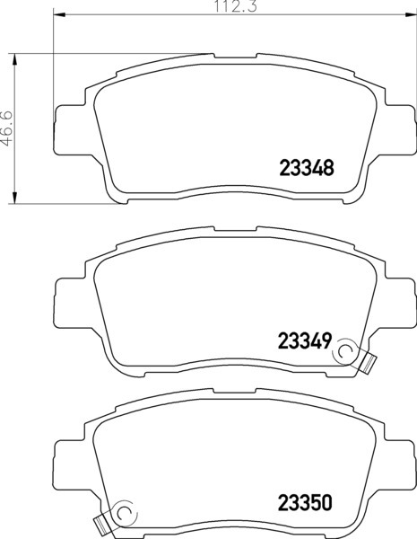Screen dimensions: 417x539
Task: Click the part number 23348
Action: coord(307,168)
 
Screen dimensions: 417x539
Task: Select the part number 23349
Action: coord(305,341)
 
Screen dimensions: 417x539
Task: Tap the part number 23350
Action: coord(305,503)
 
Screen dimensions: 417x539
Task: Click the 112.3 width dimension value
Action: coord(236,6)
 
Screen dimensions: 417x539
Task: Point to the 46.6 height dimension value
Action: coord(6,128)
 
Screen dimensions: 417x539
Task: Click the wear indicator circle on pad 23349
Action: coord(345,351)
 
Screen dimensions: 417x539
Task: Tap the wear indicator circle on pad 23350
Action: coord(126,513)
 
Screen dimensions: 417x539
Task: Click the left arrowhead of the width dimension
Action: coord(59,14)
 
